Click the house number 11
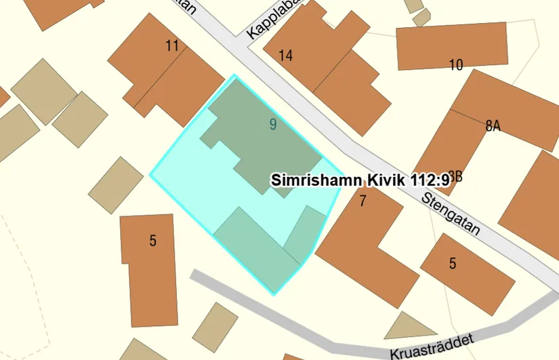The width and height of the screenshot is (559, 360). (x=171, y=46)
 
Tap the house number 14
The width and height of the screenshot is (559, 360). (x=285, y=56)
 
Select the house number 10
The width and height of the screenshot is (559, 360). (x=455, y=65)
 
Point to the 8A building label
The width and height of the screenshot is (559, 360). (x=493, y=126)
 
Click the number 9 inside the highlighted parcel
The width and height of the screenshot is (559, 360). (x=272, y=124)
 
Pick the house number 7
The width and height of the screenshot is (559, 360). (x=363, y=200)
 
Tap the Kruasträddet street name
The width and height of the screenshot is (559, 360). (x=431, y=346)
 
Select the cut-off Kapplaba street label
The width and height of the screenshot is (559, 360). (x=272, y=20)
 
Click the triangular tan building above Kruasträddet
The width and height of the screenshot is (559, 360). (x=411, y=327)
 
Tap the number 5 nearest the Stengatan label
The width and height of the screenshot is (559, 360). (x=453, y=264)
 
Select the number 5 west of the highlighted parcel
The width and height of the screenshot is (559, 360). (x=153, y=240)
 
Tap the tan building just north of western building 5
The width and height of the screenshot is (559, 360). (x=116, y=185)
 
